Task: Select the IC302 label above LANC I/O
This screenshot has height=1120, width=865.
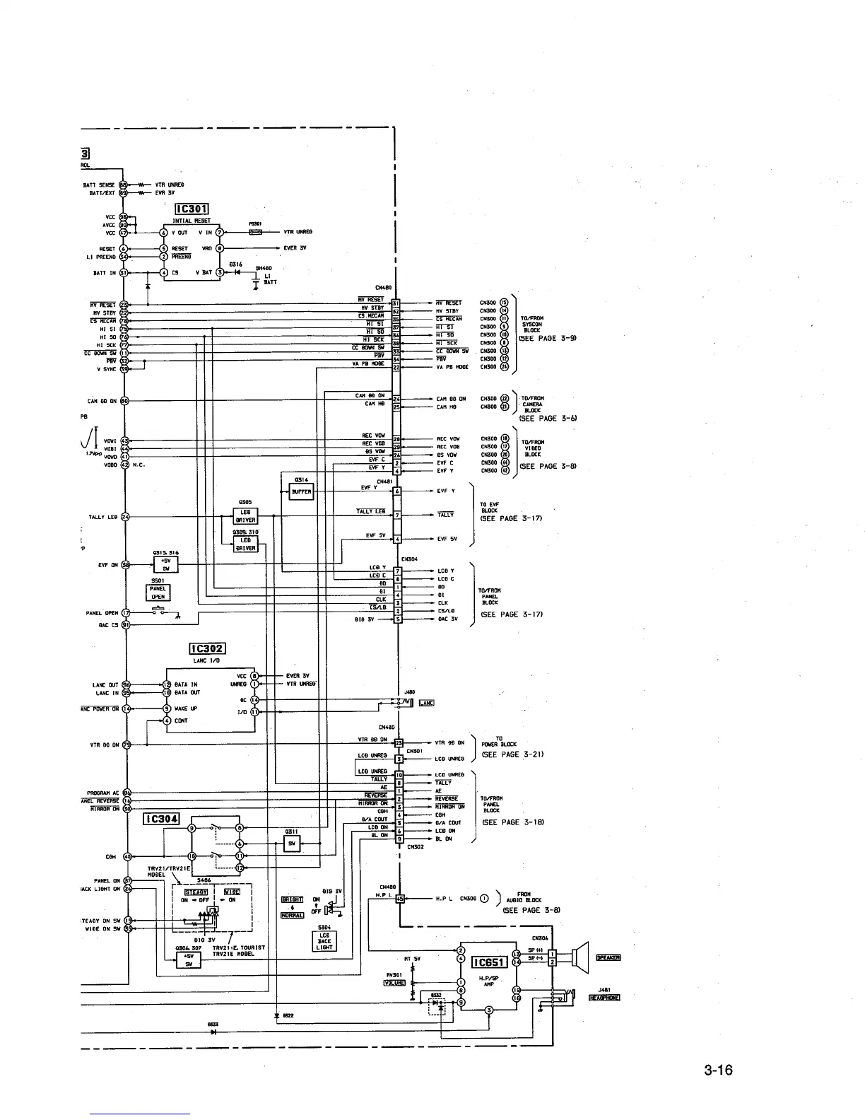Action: coord(207,649)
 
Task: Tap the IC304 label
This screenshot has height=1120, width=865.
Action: coord(161,819)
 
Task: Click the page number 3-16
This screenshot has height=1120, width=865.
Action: coord(718,1070)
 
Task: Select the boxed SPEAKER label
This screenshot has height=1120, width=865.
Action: coord(608,957)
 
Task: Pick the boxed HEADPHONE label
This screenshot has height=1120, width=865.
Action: coord(604,998)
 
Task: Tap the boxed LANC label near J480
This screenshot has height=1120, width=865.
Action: coord(426,702)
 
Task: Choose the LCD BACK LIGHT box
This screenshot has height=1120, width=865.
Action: coord(324,941)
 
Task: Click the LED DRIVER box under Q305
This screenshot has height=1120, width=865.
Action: coord(246,515)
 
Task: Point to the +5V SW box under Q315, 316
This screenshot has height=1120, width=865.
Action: coord(166,564)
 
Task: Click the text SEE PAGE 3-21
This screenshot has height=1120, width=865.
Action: coord(512,754)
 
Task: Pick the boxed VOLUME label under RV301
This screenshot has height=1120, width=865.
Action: coord(394,982)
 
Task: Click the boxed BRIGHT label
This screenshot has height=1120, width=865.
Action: coord(293,899)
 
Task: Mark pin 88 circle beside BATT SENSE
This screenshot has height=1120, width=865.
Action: coord(123,185)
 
